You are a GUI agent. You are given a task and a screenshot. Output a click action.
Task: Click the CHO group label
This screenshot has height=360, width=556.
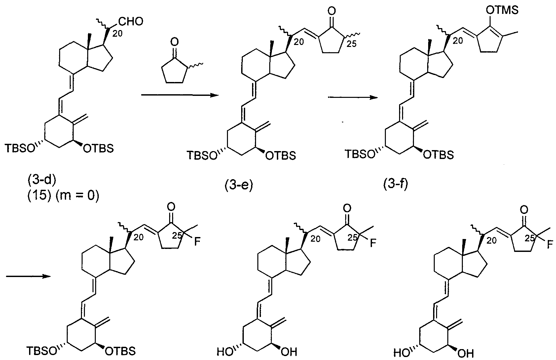[131, 21]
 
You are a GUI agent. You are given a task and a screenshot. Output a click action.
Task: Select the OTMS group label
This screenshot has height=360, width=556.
[502, 11]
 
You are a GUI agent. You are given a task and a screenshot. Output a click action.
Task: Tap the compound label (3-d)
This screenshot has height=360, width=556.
[42, 180]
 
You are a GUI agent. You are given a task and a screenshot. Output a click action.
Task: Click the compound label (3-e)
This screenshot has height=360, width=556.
[239, 185]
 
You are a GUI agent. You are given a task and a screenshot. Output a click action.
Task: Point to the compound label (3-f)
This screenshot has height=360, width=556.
[396, 184]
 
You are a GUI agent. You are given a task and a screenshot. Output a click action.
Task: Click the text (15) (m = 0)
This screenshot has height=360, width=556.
[63, 196]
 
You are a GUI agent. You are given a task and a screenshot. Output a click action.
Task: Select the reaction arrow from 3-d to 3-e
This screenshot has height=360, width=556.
[180, 95]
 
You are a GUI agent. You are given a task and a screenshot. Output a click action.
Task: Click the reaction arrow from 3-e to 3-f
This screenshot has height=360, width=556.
[353, 98]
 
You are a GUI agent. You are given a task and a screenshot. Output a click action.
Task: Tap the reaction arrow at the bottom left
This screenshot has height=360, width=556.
[28, 276]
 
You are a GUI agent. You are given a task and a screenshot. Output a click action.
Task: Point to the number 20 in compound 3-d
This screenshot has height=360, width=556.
[117, 33]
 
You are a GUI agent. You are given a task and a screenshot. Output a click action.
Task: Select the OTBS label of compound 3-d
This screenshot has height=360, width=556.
[98, 148]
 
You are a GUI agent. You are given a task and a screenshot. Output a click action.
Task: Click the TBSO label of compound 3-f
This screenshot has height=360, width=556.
[360, 154]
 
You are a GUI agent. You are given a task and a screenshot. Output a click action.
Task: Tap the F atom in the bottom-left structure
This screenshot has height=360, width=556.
[197, 242]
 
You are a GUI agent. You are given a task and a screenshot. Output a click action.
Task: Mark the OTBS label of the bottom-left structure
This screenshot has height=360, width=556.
[120, 351]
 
